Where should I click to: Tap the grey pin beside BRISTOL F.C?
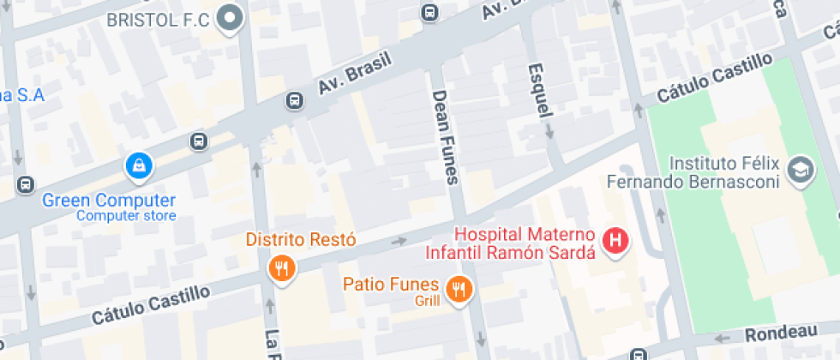(229, 19)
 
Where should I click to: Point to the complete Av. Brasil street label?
(354, 75)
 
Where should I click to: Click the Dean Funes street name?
(446, 137)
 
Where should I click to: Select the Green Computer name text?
(109, 200)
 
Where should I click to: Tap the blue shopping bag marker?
(138, 166)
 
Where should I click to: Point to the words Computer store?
(126, 216)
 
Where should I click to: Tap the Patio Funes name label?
(391, 284)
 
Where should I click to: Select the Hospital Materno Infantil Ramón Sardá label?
(511, 243)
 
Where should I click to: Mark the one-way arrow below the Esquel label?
(549, 132)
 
